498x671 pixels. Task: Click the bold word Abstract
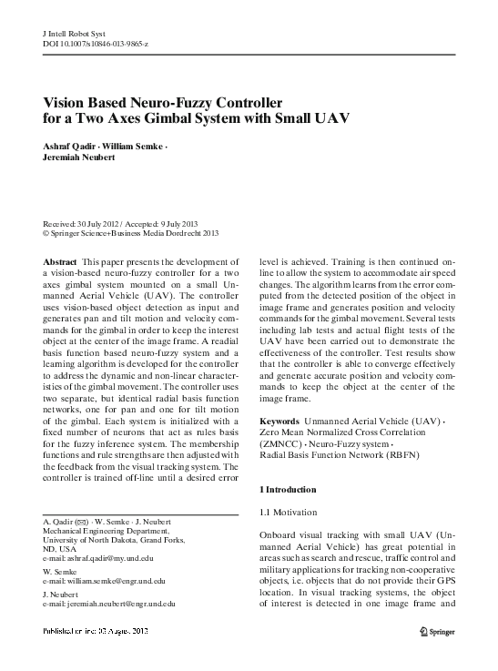pyautogui.click(x=61, y=260)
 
